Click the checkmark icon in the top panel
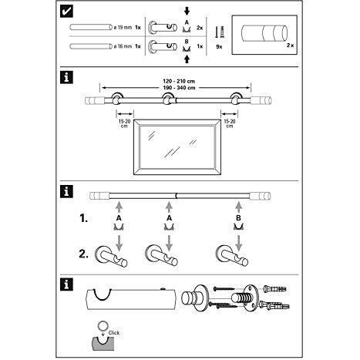(x=69, y=12)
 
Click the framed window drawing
(x=180, y=147)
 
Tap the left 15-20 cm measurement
(x=125, y=123)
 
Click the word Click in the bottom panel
(x=113, y=332)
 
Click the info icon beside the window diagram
(x=69, y=77)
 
